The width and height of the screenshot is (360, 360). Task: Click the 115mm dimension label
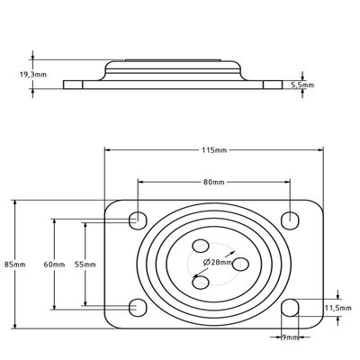[214, 150]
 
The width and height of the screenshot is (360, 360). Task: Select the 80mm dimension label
[214, 182]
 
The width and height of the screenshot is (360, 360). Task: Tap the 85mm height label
[15, 265]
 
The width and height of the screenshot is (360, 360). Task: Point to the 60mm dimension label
[54, 265]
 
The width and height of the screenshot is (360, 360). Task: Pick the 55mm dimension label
[85, 265]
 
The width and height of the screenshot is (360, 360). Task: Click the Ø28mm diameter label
[218, 263]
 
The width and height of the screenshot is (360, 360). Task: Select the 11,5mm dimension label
[338, 308]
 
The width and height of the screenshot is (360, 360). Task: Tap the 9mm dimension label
[290, 337]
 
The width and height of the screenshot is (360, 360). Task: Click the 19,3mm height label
[33, 75]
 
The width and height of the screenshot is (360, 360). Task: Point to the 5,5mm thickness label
[302, 85]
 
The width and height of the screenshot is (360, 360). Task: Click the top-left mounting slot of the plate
[138, 220]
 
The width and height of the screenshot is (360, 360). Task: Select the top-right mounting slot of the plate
[291, 220]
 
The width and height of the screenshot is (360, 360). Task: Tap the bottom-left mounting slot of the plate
[138, 308]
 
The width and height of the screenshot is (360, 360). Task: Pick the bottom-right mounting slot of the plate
[291, 308]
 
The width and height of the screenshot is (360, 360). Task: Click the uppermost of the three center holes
[201, 246]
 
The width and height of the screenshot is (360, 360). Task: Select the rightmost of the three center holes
[240, 264]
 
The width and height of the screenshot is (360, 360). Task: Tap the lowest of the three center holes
[201, 283]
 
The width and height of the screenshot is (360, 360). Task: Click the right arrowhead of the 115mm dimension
[320, 150]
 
